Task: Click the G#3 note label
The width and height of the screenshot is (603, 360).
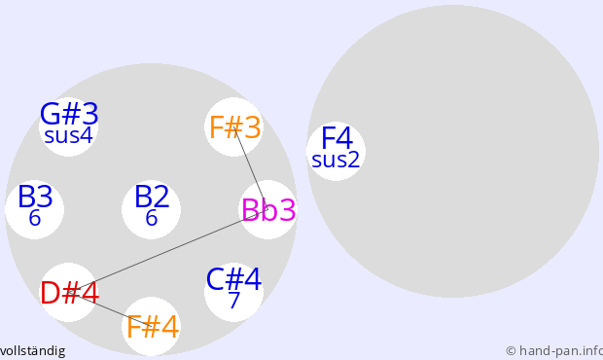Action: pyautogui.click(x=69, y=114)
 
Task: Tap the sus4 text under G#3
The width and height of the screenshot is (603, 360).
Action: pyautogui.click(x=68, y=136)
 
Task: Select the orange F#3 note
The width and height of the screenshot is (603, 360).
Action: pyautogui.click(x=235, y=127)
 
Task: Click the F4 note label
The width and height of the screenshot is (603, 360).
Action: pyautogui.click(x=337, y=138)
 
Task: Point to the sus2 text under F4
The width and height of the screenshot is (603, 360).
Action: pyautogui.click(x=336, y=160)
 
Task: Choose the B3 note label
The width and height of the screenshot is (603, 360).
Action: pyautogui.click(x=35, y=197)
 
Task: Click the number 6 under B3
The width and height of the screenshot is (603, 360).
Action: pyautogui.click(x=35, y=218)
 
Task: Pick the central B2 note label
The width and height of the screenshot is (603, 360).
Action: pyautogui.click(x=152, y=197)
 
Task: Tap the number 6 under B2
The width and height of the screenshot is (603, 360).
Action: pyautogui.click(x=152, y=218)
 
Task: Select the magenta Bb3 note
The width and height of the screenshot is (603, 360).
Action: pyautogui.click(x=268, y=210)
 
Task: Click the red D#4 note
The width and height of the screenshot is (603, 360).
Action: pyautogui.click(x=70, y=293)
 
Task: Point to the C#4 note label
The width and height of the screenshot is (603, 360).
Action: pyautogui.click(x=233, y=279)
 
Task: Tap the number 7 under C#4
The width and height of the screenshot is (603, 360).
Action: pyautogui.click(x=233, y=301)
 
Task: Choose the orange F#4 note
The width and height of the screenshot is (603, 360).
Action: pyautogui.click(x=153, y=327)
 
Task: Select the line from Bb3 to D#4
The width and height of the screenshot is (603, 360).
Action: pyautogui.click(x=169, y=251)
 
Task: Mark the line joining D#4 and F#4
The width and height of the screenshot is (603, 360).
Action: pyautogui.click(x=111, y=309)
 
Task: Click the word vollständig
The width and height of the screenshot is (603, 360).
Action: pyautogui.click(x=32, y=351)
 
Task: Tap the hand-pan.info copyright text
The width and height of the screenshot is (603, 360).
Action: pyautogui.click(x=554, y=351)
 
